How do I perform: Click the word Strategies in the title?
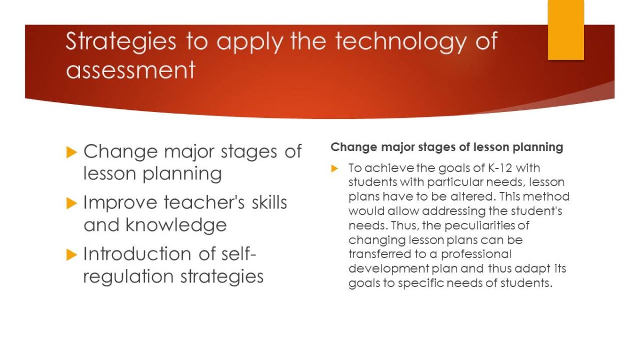(x=121, y=42)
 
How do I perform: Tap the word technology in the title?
(x=401, y=42)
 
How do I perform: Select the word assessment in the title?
(x=131, y=70)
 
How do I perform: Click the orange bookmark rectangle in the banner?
(x=566, y=30)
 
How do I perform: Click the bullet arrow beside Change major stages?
(x=71, y=152)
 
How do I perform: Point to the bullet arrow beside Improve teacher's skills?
(x=71, y=203)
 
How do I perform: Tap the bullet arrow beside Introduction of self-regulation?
(x=71, y=254)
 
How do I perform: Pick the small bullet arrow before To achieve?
(x=334, y=169)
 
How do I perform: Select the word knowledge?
(x=176, y=225)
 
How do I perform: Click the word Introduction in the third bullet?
(x=137, y=254)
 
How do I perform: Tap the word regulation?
(x=129, y=277)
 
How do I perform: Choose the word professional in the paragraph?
(x=476, y=254)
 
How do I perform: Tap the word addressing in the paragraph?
(x=454, y=211)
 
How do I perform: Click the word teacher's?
(x=204, y=202)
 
